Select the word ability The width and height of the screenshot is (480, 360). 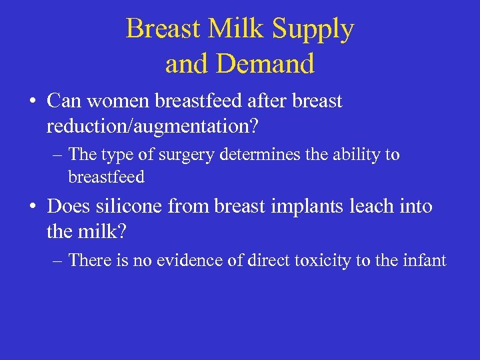tap(354, 155)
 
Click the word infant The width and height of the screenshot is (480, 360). tap(424, 259)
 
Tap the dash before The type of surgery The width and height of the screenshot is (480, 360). tap(57, 155)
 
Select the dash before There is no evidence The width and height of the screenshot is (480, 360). tap(57, 260)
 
